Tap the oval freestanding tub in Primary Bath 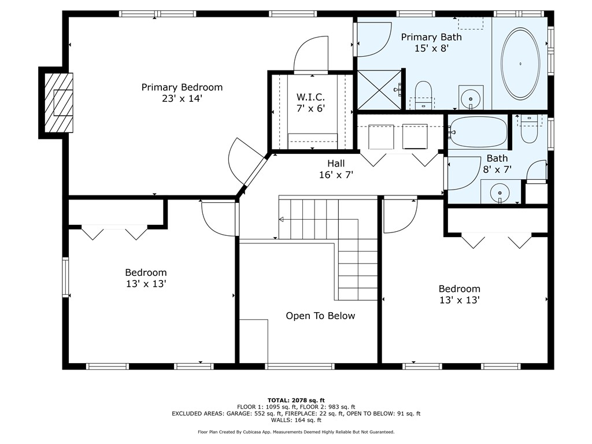[520, 64]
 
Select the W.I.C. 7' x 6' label [310, 103]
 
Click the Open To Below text [320, 316]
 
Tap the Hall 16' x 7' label [336, 169]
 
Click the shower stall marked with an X [379, 90]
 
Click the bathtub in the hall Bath [478, 132]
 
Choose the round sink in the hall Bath [499, 193]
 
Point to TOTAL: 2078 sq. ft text [296, 400]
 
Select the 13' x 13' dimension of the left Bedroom [146, 284]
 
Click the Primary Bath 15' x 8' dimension [431, 49]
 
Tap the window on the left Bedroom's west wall [66, 277]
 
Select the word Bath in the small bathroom [497, 158]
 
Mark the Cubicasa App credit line [296, 432]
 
